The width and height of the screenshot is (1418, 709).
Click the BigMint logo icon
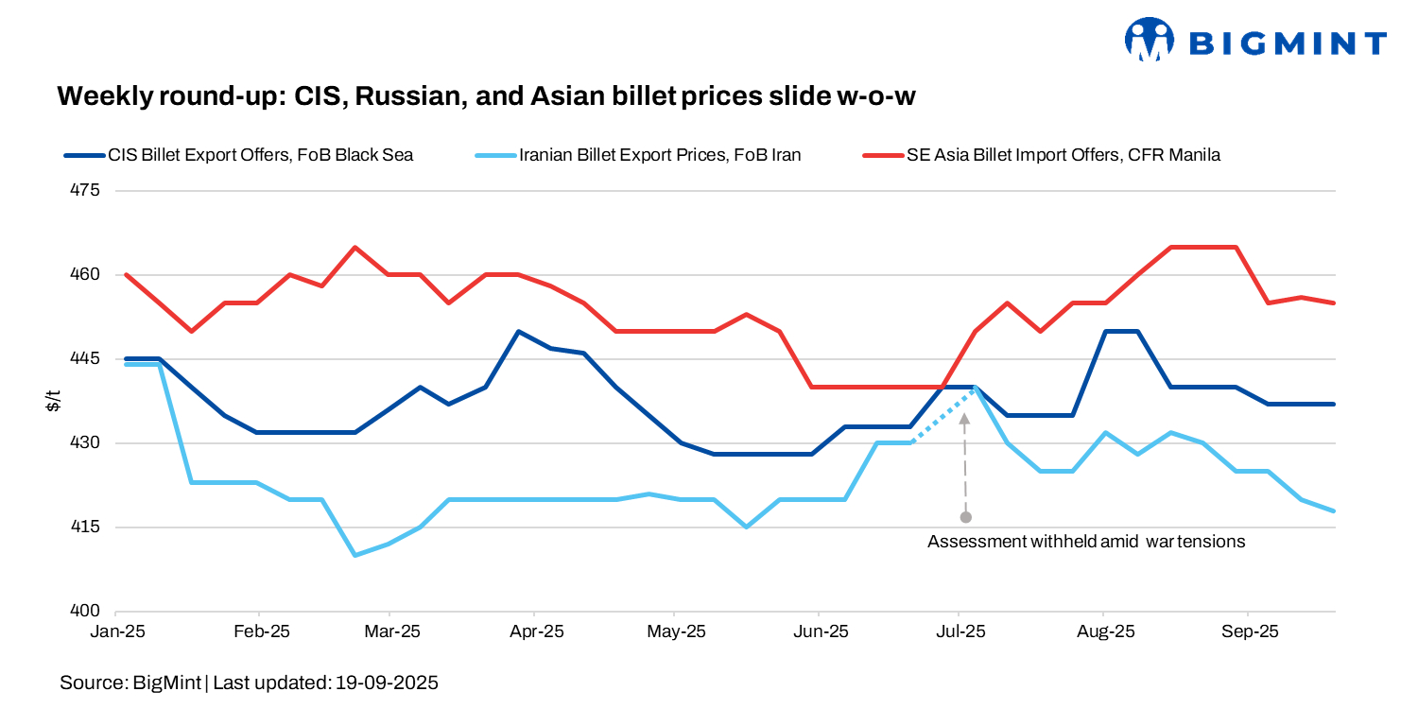click(1148, 40)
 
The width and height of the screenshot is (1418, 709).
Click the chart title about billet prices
click(487, 95)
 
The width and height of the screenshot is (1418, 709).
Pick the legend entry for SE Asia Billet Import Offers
click(1063, 154)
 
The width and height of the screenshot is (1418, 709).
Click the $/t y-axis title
click(54, 401)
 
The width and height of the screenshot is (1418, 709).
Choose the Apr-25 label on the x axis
click(536, 631)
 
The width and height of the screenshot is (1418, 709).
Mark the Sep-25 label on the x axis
click(1250, 631)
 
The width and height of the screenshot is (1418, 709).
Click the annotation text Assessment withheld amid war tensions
click(1086, 542)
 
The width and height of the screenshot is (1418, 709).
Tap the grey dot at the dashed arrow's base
click(965, 517)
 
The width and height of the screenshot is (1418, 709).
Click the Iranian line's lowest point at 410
click(355, 555)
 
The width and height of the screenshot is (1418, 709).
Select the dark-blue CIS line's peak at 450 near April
click(518, 332)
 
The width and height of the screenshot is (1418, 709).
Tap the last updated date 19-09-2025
click(387, 683)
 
